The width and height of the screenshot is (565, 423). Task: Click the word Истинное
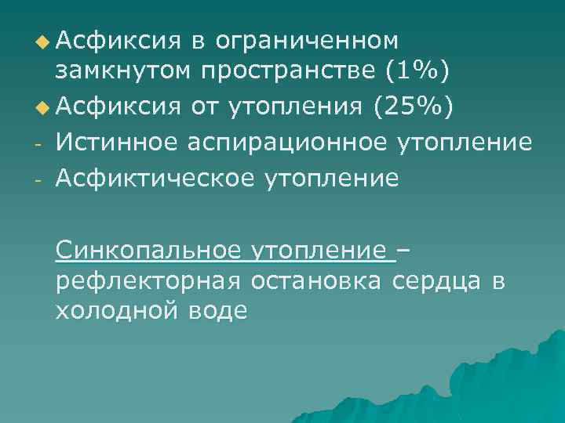[118, 143]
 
